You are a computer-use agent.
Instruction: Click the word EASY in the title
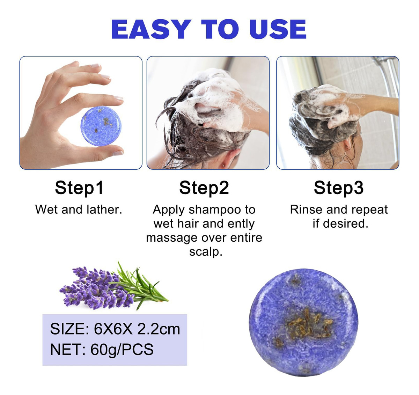coord(151,29)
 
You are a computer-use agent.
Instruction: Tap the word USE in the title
coord(278,29)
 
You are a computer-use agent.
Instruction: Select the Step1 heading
coord(79,188)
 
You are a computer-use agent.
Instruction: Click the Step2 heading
coord(204,188)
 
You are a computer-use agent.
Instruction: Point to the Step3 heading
coord(339,188)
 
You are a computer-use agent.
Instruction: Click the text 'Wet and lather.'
coord(79,210)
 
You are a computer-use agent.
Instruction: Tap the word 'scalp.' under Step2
coord(206,252)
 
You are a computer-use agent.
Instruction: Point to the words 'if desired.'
coord(340,224)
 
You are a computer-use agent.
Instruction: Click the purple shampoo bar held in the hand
coord(101,126)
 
